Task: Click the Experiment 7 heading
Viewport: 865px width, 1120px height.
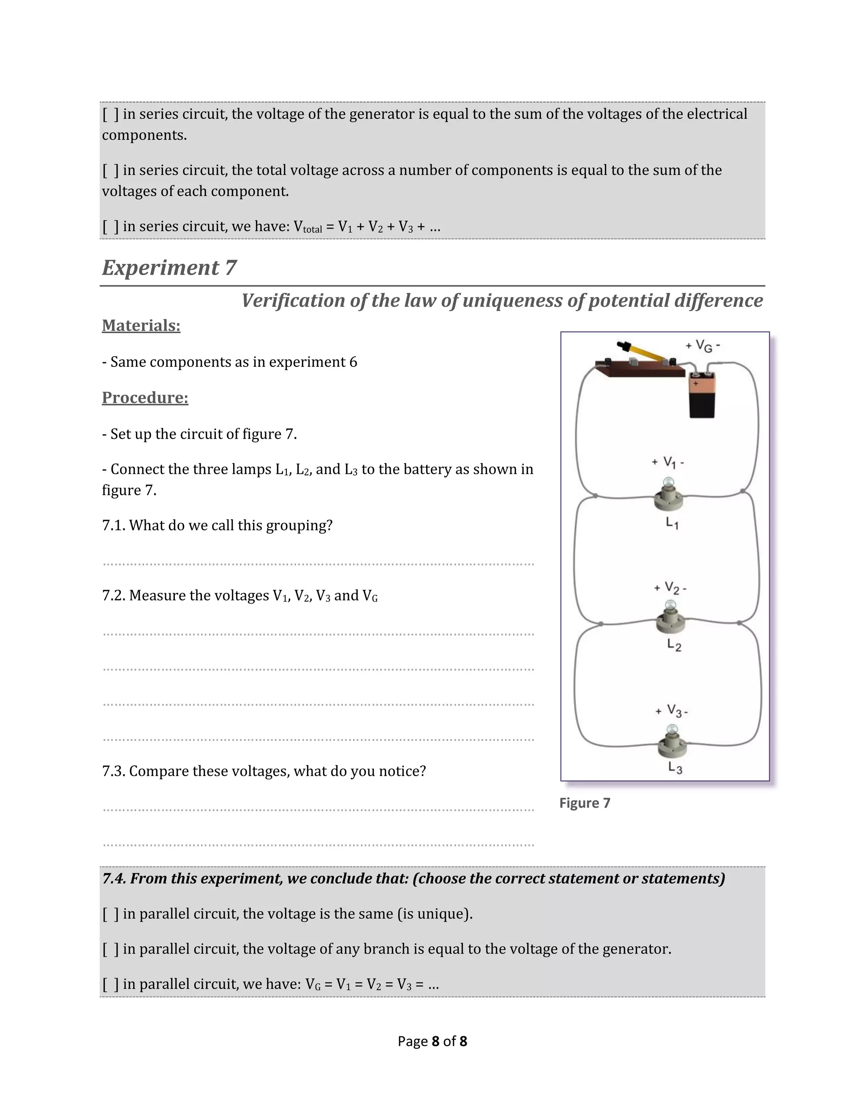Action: [x=169, y=268]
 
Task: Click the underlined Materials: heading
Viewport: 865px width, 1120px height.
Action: [x=141, y=325]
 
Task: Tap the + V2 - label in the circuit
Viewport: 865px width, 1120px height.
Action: [x=670, y=588]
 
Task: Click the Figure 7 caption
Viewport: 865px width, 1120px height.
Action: [x=585, y=803]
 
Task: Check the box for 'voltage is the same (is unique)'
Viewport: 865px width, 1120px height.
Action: [x=110, y=914]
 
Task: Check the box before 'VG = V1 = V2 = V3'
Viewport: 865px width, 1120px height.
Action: [x=110, y=984]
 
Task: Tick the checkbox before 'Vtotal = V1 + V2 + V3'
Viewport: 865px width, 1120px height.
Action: [x=110, y=226]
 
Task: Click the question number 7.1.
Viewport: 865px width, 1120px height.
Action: [x=113, y=525]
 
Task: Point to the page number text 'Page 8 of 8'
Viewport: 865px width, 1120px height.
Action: [x=432, y=1041]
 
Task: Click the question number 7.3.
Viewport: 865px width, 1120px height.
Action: [x=113, y=771]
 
